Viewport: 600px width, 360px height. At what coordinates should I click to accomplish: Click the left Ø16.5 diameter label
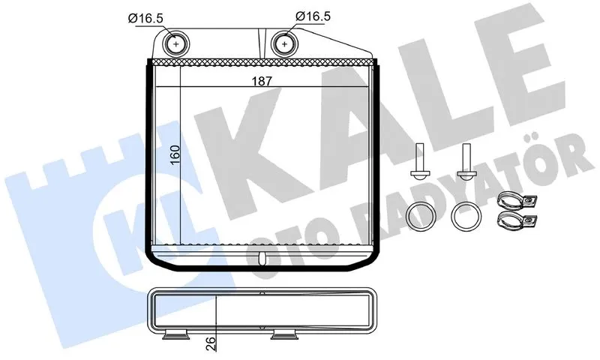point(145,18)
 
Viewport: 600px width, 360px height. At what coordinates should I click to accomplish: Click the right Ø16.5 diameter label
point(313,16)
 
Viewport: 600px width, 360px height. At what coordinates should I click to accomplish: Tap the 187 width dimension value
point(262,81)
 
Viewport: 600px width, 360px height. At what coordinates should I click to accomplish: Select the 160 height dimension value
point(175,155)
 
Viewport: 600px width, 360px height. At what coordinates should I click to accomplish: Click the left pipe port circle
point(176,44)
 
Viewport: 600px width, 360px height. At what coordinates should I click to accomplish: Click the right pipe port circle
point(285,44)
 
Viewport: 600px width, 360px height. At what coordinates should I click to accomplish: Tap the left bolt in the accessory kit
point(418,161)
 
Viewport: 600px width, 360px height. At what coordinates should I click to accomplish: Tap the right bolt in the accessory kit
point(466,161)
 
